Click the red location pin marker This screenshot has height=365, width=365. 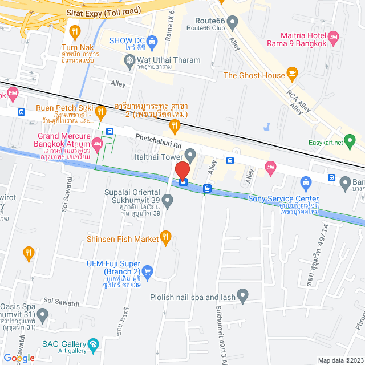click(182, 171)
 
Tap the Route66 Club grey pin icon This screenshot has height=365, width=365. click(232, 23)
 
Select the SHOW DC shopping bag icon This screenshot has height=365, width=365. click(152, 41)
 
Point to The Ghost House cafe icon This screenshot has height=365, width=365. click(292, 73)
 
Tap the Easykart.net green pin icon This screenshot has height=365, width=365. click(351, 139)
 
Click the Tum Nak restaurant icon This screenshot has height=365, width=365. click(74, 31)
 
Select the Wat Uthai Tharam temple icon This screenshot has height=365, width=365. click(130, 60)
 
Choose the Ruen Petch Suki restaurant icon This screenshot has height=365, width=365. click(100, 111)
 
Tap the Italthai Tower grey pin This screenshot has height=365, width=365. click(190, 155)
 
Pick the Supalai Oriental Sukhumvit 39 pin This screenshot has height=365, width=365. click(167, 200)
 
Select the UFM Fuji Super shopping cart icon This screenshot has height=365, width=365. click(147, 271)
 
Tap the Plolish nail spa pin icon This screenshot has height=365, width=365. click(242, 297)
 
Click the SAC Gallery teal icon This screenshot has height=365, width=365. click(93, 344)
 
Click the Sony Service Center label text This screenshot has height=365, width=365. click(283, 198)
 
